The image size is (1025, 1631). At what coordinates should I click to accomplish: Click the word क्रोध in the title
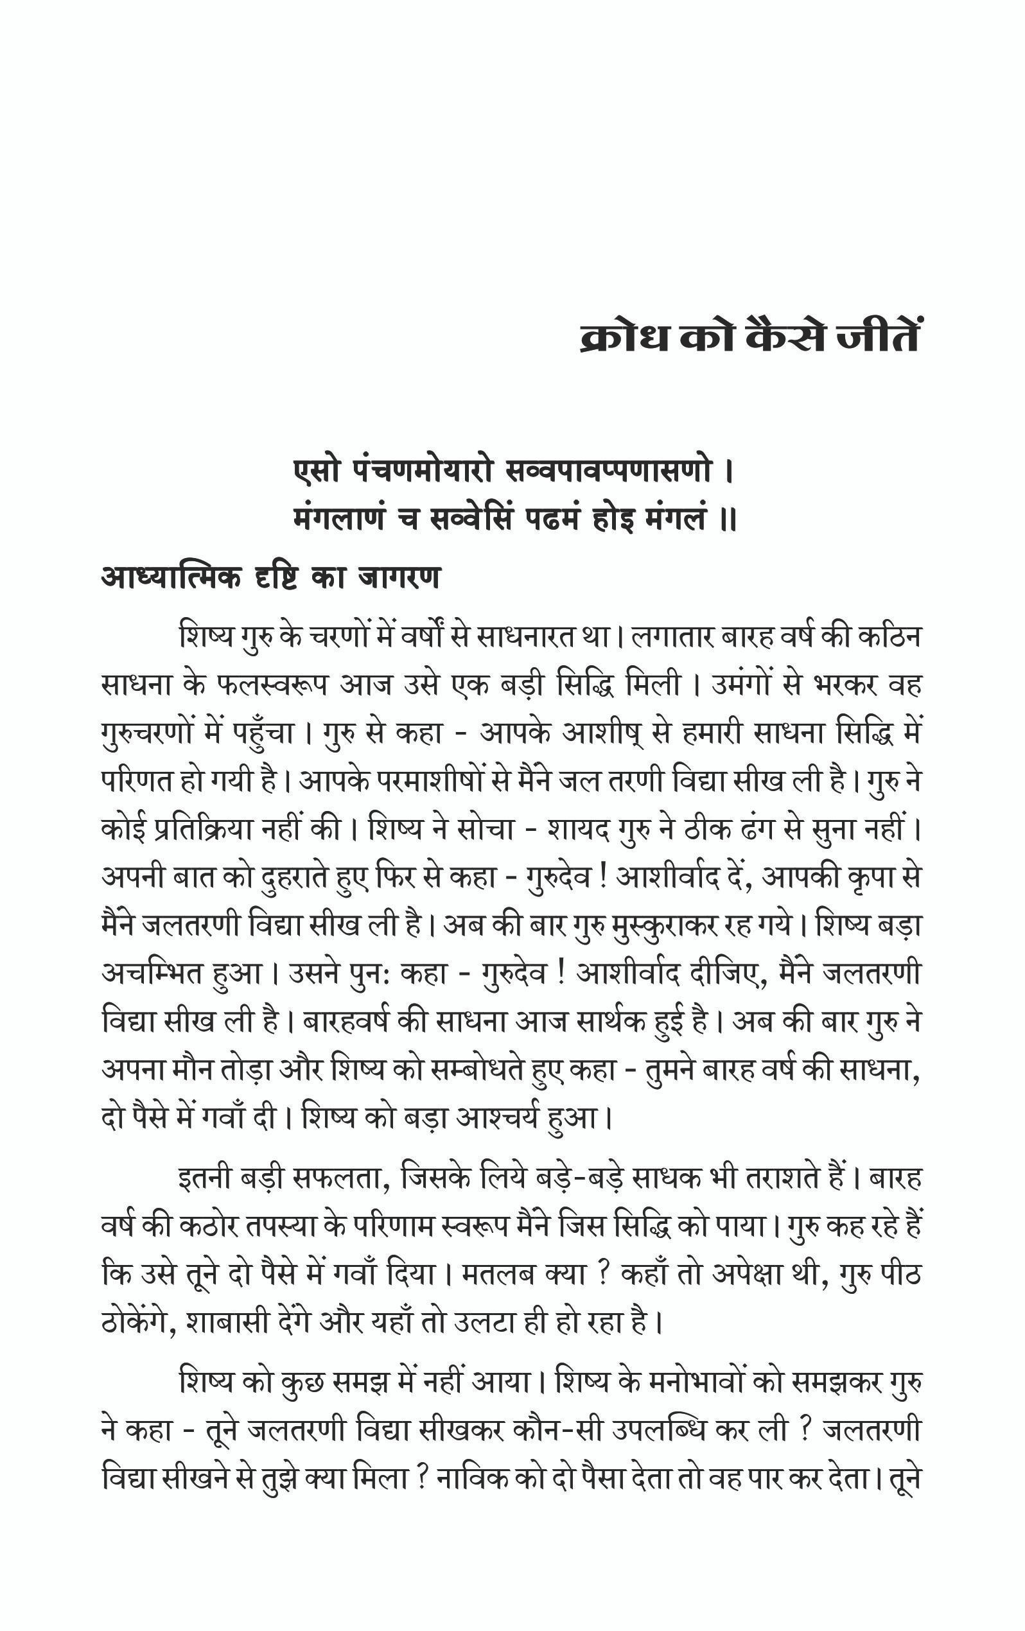click(625, 336)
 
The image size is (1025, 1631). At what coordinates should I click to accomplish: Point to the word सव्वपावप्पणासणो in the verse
click(609, 471)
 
